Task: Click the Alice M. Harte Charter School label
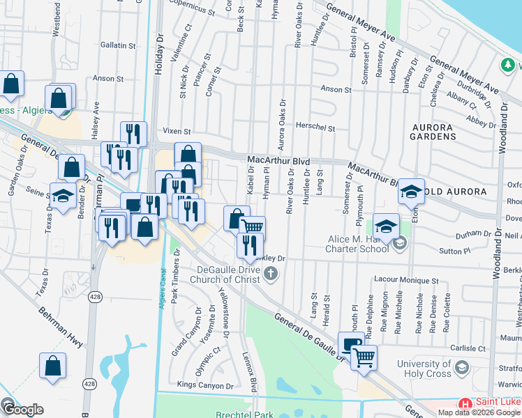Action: [358, 244]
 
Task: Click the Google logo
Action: [22, 410]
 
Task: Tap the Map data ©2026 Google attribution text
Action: [479, 412]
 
